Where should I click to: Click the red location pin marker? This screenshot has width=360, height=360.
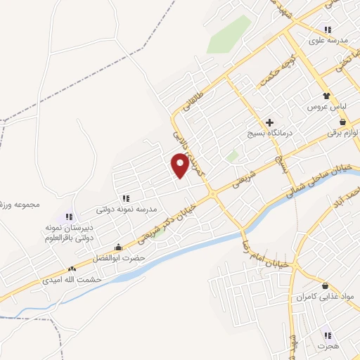[x=181, y=165]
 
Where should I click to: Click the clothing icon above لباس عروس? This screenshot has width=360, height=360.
[x=326, y=96]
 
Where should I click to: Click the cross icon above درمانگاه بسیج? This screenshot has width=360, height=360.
[x=269, y=122]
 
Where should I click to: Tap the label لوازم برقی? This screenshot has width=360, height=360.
[x=347, y=133]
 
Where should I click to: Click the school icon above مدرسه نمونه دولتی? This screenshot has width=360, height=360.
[x=126, y=199]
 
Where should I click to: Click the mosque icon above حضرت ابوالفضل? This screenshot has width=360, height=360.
[x=117, y=247]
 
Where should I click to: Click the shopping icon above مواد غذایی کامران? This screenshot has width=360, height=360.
[x=325, y=285]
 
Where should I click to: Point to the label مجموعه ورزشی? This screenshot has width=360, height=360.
[x=21, y=205]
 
